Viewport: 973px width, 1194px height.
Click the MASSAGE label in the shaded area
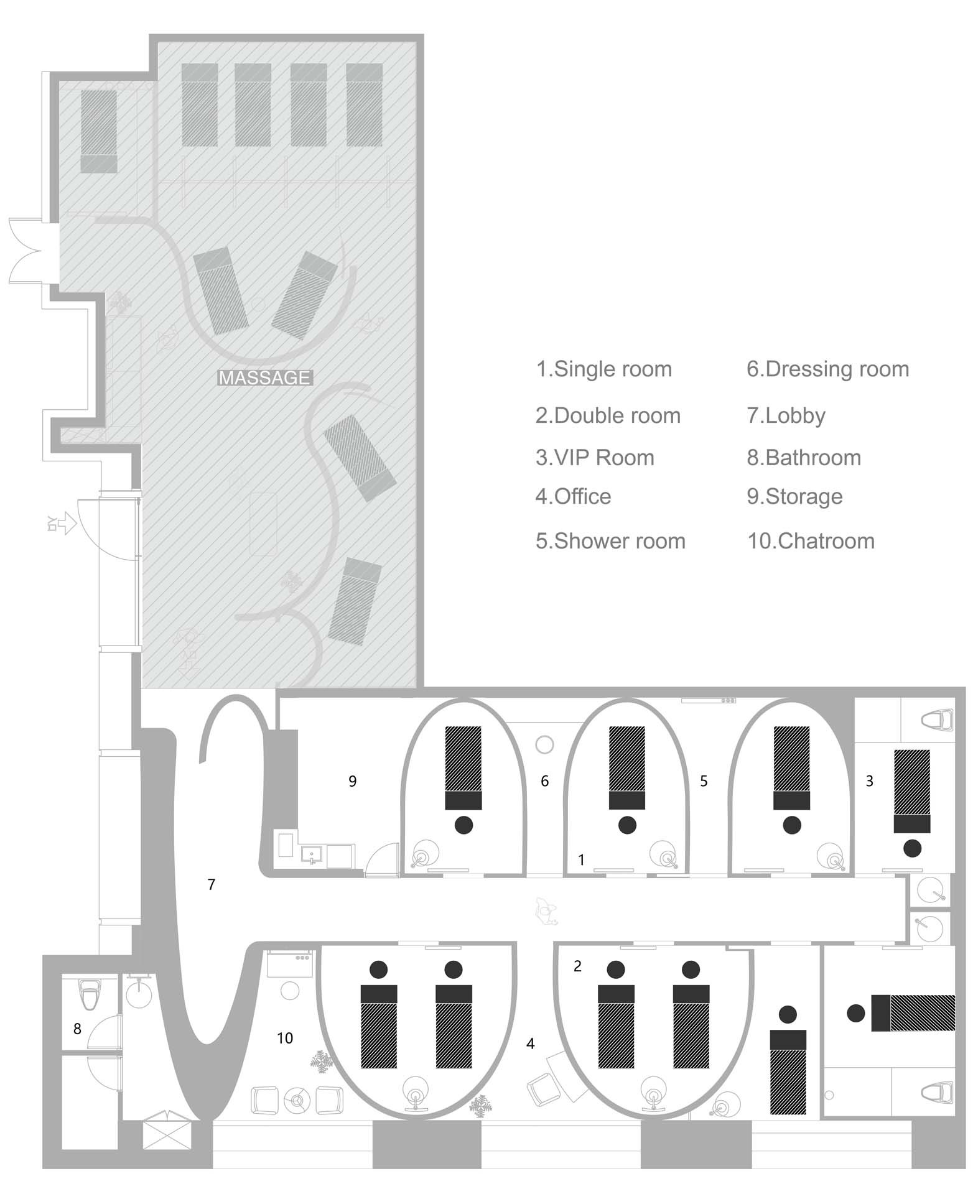click(264, 377)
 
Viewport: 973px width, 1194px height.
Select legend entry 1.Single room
click(603, 369)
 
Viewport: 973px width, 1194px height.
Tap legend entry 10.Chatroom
click(811, 541)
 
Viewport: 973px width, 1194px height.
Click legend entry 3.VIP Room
click(595, 458)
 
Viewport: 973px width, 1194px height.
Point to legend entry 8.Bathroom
click(804, 458)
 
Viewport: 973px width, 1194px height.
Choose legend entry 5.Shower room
click(610, 541)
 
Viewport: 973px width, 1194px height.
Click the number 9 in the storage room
click(352, 781)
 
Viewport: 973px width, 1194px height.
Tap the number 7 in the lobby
click(212, 884)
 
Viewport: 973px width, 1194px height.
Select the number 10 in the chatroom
click(285, 1038)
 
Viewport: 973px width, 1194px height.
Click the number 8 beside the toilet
click(77, 1029)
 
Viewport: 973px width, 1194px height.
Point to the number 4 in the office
click(530, 1044)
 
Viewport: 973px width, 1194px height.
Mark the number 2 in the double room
click(577, 966)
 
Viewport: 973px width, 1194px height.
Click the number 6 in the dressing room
click(544, 781)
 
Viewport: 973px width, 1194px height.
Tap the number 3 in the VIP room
click(869, 781)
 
